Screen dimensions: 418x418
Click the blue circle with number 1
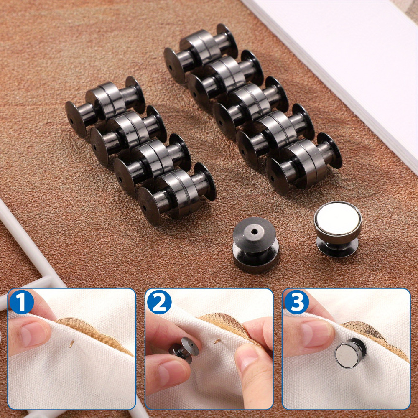[21, 302]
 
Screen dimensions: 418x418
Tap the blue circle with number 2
[159, 302]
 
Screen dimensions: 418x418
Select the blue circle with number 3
[296, 302]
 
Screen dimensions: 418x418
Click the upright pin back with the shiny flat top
[337, 229]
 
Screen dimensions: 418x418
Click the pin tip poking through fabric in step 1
[71, 344]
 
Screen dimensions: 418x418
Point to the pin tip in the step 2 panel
[217, 341]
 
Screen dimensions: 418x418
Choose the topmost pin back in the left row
[105, 106]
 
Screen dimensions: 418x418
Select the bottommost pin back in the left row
[176, 194]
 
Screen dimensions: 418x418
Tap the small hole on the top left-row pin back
[72, 121]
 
